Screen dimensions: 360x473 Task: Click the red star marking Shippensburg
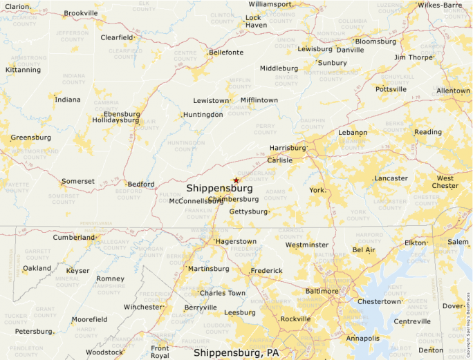(236, 180)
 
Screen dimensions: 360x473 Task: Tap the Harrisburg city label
(287, 148)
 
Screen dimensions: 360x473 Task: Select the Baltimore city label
(322, 291)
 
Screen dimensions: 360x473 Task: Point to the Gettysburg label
(248, 211)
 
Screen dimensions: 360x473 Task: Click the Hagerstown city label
(236, 241)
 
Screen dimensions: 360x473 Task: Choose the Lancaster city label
(391, 178)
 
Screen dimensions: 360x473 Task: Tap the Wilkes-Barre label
(439, 5)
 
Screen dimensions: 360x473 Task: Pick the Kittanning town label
(23, 70)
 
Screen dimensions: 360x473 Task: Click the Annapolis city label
(363, 339)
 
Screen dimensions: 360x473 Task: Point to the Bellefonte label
(226, 52)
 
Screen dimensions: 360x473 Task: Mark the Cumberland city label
(74, 237)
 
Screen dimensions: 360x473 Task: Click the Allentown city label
(453, 91)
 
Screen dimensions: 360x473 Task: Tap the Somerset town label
(78, 181)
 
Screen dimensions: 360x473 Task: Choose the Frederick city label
(266, 270)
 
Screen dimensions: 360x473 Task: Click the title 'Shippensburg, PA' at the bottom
(236, 352)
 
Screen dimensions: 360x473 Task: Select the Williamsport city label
(270, 4)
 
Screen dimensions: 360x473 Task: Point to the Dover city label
(453, 306)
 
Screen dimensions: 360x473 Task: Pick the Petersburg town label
(34, 331)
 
